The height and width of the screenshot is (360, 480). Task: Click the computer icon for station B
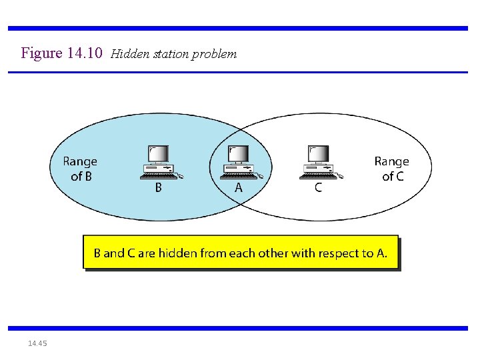pyautogui.click(x=159, y=163)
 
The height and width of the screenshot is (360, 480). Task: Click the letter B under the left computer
pyautogui.click(x=158, y=188)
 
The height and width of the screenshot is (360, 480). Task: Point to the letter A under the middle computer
pyautogui.click(x=239, y=188)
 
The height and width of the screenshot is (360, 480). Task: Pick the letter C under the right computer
pyautogui.click(x=318, y=188)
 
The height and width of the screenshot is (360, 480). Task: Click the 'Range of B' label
pyautogui.click(x=80, y=169)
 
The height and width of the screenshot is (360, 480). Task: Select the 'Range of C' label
pyautogui.click(x=392, y=169)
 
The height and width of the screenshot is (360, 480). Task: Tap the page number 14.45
pyautogui.click(x=37, y=343)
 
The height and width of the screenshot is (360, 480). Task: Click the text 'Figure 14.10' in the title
pyautogui.click(x=61, y=53)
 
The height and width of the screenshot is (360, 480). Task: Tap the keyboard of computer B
pyautogui.click(x=157, y=177)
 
